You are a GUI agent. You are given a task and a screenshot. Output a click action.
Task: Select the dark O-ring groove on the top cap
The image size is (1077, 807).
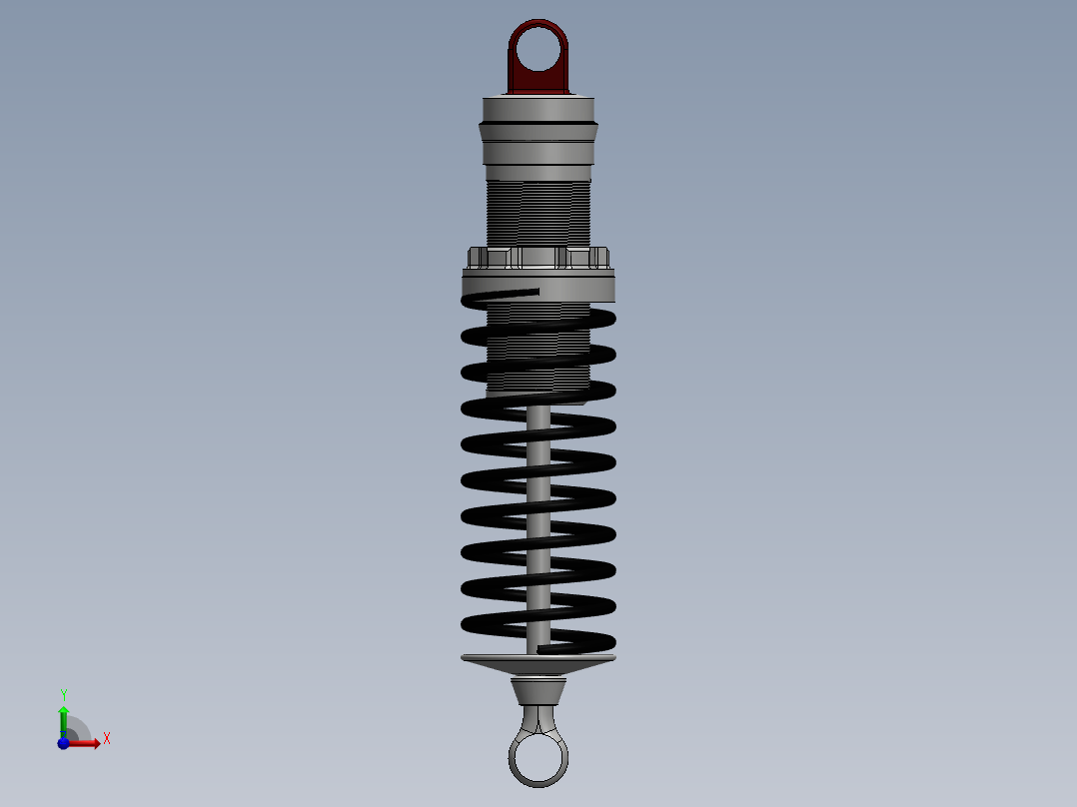click(x=538, y=123)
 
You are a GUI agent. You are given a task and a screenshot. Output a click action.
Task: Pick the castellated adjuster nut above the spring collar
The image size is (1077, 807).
click(x=538, y=258)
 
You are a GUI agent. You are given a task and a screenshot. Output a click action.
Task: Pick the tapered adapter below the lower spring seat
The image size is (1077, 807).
click(x=538, y=690)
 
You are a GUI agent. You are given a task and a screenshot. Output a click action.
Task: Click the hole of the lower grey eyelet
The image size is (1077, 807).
click(x=538, y=758)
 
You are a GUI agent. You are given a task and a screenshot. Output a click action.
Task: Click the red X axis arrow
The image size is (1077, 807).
click(x=88, y=743)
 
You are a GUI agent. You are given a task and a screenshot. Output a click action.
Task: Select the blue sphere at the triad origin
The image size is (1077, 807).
click(x=63, y=743)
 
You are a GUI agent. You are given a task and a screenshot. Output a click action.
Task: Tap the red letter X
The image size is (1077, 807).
click(x=106, y=739)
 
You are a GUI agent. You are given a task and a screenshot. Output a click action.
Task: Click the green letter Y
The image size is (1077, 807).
click(x=63, y=694)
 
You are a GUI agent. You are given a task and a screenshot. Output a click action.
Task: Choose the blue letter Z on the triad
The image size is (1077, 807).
click(x=62, y=735)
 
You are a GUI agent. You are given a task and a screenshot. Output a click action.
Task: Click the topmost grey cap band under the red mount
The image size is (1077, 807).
click(x=538, y=108)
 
